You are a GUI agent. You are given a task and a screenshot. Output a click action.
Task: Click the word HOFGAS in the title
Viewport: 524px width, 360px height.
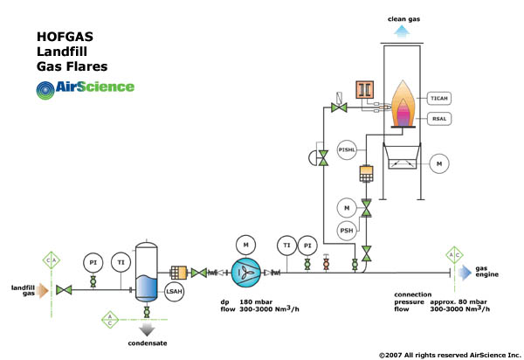[64, 38]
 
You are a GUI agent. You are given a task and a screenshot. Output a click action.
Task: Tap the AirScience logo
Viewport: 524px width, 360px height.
[85, 87]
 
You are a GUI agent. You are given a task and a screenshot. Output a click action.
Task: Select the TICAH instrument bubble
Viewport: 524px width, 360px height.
[439, 99]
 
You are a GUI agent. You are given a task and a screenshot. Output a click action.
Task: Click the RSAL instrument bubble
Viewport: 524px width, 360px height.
[439, 118]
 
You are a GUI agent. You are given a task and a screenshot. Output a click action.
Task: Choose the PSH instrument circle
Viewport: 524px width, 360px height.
[347, 232]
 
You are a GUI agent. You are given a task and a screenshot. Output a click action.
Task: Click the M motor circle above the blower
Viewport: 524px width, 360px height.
[246, 242]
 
